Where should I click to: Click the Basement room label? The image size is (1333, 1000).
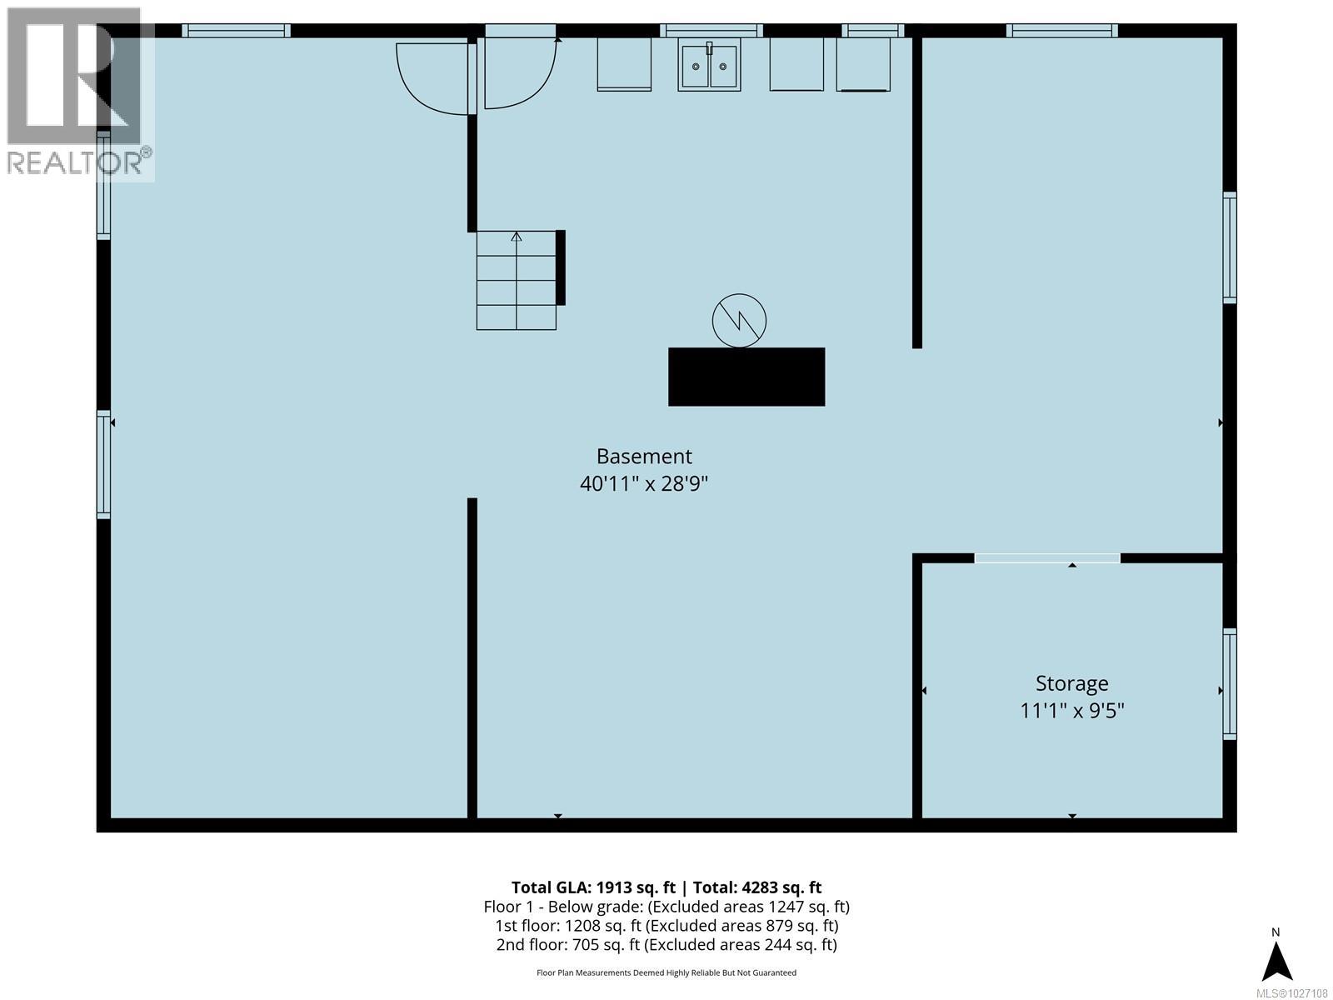644,457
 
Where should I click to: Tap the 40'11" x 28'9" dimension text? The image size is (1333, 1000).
644,483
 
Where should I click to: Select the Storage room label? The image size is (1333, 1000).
1071,683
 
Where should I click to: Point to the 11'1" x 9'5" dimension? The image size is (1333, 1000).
1071,711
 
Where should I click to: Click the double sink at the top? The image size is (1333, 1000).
708,65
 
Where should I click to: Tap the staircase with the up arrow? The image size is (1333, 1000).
516,280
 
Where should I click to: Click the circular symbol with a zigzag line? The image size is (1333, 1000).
739,320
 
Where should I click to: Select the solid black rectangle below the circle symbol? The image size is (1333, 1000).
746,377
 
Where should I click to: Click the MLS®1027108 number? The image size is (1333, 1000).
1292,993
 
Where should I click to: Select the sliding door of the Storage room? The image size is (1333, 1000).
1047,557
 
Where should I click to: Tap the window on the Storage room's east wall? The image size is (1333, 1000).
1229,683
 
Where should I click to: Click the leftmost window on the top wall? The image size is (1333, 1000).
237,31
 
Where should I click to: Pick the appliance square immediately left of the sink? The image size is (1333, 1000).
624,63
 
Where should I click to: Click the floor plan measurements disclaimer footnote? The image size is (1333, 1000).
666,972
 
